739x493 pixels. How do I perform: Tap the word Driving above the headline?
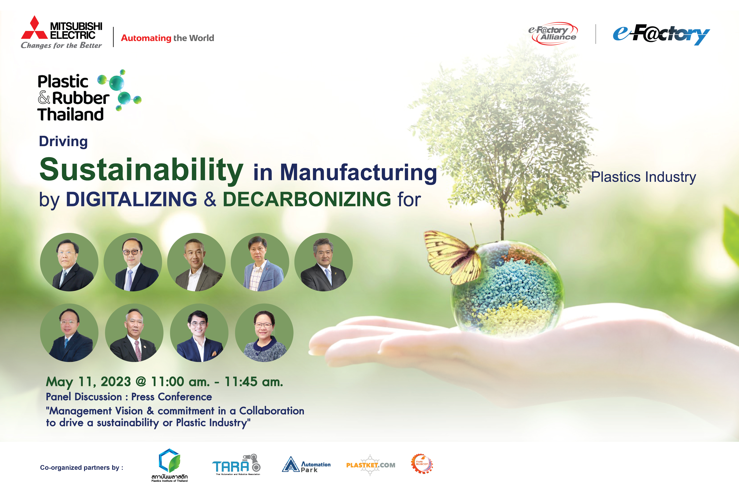point(63,142)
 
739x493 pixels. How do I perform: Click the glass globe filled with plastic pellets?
point(507,288)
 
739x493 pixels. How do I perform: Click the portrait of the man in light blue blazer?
point(260,262)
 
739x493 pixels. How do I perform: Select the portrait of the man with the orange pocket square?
point(199,333)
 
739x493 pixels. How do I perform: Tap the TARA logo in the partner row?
point(236,464)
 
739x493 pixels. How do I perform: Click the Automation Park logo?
point(306,464)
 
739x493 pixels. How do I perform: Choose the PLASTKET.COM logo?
point(371,465)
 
